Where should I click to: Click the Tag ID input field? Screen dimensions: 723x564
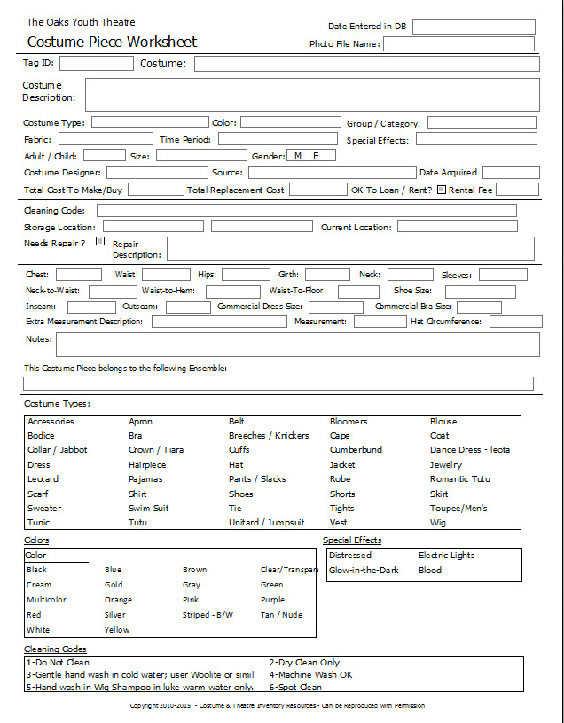(x=96, y=63)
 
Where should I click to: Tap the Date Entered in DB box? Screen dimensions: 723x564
(x=473, y=27)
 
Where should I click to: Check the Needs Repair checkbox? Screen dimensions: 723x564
(x=99, y=241)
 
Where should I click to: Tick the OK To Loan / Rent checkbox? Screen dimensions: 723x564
(x=442, y=189)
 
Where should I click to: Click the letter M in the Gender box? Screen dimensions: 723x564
(x=298, y=156)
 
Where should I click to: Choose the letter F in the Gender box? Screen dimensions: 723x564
(x=317, y=156)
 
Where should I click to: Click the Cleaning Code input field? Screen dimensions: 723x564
(x=306, y=210)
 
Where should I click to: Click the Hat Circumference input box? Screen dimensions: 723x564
(x=515, y=322)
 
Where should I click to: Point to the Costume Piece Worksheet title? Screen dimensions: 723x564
(x=112, y=42)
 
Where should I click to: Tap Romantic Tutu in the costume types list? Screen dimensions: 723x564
(x=459, y=479)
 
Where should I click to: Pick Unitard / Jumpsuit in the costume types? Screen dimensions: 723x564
(x=266, y=523)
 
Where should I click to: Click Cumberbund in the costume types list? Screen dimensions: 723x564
(x=356, y=450)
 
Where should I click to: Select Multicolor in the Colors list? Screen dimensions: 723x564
(x=46, y=600)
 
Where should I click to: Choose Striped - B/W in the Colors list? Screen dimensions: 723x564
(x=208, y=615)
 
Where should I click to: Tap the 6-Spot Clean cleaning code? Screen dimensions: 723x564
(x=295, y=688)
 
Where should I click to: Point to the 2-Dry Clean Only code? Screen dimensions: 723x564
(x=304, y=663)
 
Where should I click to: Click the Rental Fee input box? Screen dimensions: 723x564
(x=517, y=189)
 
